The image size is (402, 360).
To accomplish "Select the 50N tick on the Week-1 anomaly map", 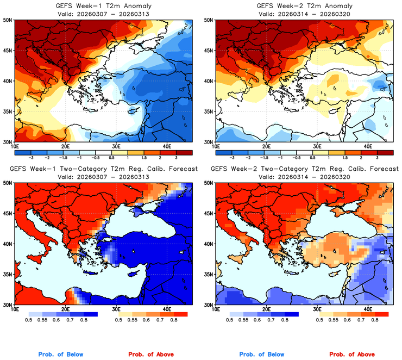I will tap(8, 20).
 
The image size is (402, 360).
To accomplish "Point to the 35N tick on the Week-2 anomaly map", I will tap(209, 112).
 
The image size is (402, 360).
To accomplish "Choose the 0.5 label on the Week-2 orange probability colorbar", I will tap(319, 320).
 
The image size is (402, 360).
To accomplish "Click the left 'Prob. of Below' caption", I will tap(60, 355).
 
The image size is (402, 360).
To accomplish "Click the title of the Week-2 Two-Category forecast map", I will tap(304, 169).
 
